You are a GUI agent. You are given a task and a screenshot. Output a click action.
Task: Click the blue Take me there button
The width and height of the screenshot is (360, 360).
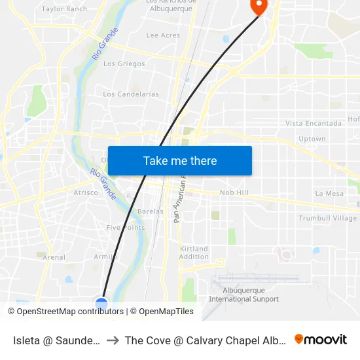point(180,160)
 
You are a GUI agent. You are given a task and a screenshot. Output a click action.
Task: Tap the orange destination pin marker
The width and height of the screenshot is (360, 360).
point(259,6)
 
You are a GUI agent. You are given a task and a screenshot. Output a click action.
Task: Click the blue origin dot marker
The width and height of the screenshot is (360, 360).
point(101,303)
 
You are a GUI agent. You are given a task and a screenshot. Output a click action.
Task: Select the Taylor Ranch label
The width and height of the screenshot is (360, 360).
point(64,9)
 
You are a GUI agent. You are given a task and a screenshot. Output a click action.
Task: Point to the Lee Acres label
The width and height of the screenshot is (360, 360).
point(163,35)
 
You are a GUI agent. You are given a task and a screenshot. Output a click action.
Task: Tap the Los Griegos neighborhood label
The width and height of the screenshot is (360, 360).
point(124,64)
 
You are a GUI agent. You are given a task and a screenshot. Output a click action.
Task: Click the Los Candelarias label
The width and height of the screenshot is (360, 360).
point(131,94)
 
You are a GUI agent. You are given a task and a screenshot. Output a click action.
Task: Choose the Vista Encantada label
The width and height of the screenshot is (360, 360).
point(314,123)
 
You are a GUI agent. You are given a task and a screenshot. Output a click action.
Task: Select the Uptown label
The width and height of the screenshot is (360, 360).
point(312,139)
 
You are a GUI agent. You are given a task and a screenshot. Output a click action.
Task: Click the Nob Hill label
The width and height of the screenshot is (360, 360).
point(234,192)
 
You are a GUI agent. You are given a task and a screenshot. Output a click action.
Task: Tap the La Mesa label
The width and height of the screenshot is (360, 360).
point(329,193)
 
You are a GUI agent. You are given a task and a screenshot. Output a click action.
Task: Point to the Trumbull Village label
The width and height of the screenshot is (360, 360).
point(328,218)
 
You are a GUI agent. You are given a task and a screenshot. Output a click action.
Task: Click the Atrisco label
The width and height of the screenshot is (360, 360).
point(86,192)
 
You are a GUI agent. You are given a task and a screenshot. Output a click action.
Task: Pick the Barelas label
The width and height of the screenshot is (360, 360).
point(151,211)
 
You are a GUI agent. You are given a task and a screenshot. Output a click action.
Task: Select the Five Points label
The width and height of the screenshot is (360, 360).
point(126,228)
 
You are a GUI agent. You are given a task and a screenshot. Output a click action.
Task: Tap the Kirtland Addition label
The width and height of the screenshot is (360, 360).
point(194,253)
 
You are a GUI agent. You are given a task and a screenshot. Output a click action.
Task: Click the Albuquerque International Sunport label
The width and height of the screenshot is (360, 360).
point(243,295)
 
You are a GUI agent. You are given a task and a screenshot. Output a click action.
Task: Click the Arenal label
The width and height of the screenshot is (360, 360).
point(54,257)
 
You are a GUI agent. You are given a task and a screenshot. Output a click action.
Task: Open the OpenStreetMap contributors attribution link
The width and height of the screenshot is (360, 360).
point(70,312)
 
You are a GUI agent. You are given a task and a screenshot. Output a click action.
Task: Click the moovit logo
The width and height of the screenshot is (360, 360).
point(321,339)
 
